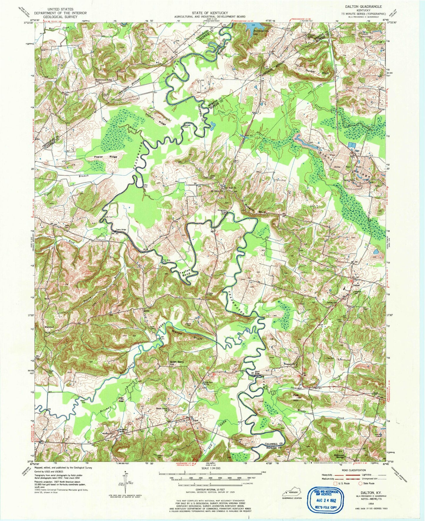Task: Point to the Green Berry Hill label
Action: pos(177,363)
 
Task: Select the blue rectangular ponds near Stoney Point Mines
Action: pos(351,145)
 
